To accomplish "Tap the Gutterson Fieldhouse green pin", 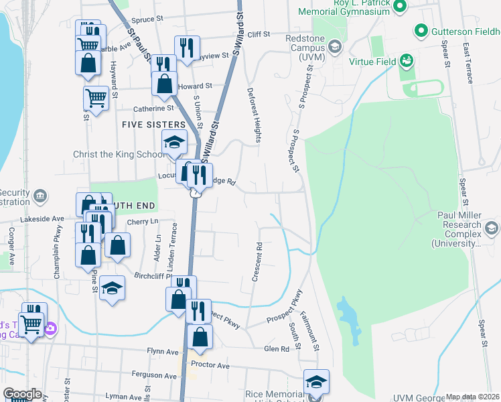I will (421, 30).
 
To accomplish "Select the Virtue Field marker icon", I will (406, 61).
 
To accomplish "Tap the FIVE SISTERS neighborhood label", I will (153, 125).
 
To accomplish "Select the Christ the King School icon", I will (173, 142).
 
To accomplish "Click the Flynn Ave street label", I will (163, 351).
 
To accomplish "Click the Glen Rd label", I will (276, 349).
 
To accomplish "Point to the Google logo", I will (21, 394).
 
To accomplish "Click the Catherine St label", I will (153, 108).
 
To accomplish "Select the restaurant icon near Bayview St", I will (187, 48).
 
